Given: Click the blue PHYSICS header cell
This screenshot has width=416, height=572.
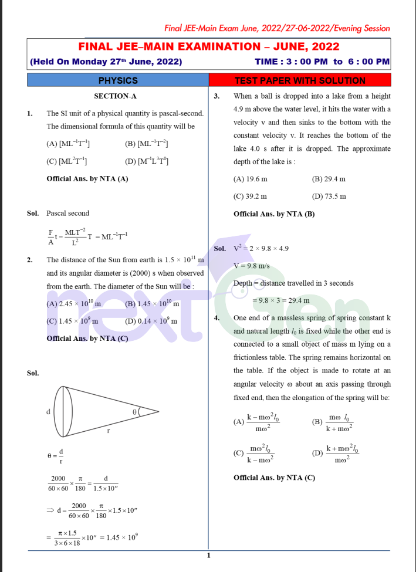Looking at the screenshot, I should click(x=118, y=81).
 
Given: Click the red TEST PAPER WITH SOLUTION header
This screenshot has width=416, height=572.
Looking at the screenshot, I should click(x=300, y=81).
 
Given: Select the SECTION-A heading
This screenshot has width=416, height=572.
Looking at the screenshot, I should click(x=115, y=96).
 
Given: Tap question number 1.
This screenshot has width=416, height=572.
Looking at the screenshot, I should click(x=29, y=113).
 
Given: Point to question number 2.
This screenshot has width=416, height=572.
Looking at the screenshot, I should click(x=29, y=259).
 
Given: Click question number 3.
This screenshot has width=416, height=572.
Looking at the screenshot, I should click(x=217, y=96).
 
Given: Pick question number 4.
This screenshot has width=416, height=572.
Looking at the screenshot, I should click(x=217, y=318).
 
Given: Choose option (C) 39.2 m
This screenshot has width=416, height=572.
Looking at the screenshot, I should click(x=250, y=196).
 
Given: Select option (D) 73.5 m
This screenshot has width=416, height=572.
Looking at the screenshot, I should click(x=329, y=196).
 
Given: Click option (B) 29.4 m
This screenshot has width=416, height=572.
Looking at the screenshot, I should click(x=329, y=178).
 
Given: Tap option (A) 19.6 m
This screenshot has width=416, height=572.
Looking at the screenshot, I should click(x=250, y=178).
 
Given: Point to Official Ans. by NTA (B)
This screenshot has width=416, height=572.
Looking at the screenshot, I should click(x=274, y=214).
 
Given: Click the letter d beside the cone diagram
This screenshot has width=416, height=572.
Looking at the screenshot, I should click(x=48, y=412).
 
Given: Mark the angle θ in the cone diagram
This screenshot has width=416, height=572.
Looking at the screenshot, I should click(x=134, y=412).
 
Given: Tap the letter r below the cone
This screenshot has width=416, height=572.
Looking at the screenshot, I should click(x=108, y=430).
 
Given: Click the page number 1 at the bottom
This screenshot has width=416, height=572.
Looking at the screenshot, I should click(x=208, y=556).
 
